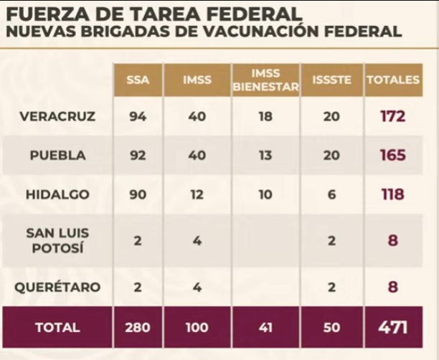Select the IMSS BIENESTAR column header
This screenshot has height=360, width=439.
pyautogui.click(x=265, y=80)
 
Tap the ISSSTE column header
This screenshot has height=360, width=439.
pyautogui.click(x=332, y=80)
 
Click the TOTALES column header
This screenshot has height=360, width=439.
pyautogui.click(x=392, y=80)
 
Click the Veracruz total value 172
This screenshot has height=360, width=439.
pyautogui.click(x=392, y=116)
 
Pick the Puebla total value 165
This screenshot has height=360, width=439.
pyautogui.click(x=392, y=156)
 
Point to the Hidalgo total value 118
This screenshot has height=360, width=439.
pyautogui.click(x=392, y=194)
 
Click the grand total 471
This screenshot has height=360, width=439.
pyautogui.click(x=392, y=328)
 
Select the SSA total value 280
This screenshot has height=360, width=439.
pyautogui.click(x=137, y=328)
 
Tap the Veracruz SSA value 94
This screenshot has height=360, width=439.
pyautogui.click(x=137, y=116)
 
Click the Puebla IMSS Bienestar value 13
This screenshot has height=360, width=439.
pyautogui.click(x=265, y=156)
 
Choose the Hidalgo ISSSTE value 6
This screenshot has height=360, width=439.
pyautogui.click(x=331, y=194)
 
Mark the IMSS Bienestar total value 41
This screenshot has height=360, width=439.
pyautogui.click(x=265, y=328)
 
